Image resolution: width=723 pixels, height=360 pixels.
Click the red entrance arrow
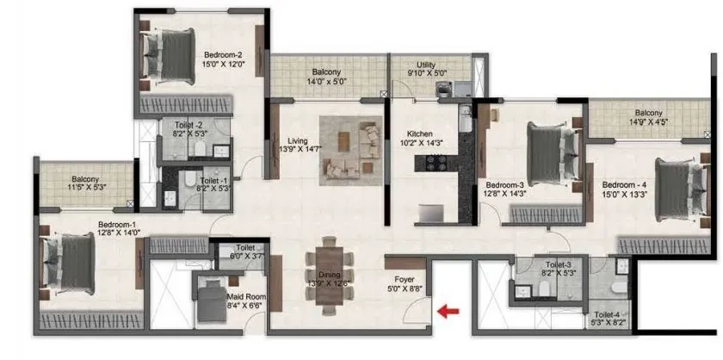coord(448,312)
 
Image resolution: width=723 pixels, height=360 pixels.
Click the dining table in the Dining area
coord(330,276)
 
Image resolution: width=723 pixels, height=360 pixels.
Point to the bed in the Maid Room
coord(212,301)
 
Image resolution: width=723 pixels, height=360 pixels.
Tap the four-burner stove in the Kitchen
coord(436,164)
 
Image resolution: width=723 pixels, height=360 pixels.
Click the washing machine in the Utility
coord(443,89)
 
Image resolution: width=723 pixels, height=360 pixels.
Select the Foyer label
coord(404,280)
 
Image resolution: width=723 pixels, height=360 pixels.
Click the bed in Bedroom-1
coord(69,263)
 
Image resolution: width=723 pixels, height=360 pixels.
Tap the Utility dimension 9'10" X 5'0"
coord(425,73)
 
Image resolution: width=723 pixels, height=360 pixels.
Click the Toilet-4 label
coord(609,314)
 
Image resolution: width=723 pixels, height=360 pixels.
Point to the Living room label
coord(298,140)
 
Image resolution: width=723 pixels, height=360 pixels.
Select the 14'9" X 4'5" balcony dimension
coord(649,122)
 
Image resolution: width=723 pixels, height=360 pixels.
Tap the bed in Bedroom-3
coord(553,153)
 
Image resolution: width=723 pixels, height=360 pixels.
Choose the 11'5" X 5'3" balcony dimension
coord(87,188)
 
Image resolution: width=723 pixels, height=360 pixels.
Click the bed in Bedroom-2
coord(169,57)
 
